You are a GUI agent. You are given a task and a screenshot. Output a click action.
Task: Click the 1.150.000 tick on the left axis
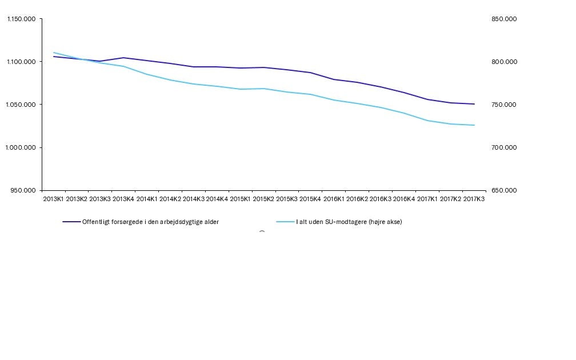pyautogui.click(x=21, y=19)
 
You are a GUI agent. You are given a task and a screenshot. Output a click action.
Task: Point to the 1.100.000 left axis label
pyautogui.click(x=21, y=62)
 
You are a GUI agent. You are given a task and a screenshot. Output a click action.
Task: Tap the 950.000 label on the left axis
pyautogui.click(x=24, y=190)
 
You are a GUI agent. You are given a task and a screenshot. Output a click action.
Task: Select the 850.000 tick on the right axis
pyautogui.click(x=504, y=19)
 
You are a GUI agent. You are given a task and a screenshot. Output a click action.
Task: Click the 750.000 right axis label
pyautogui.click(x=504, y=105)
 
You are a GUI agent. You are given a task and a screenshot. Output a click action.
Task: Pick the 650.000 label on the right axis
pyautogui.click(x=504, y=190)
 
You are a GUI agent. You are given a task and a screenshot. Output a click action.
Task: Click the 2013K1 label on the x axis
pyautogui.click(x=54, y=199)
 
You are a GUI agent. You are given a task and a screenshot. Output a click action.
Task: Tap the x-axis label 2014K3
pyautogui.click(x=194, y=199)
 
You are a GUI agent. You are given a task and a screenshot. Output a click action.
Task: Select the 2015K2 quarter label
pyautogui.click(x=264, y=199)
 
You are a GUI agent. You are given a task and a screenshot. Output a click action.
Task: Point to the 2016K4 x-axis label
pyautogui.click(x=404, y=199)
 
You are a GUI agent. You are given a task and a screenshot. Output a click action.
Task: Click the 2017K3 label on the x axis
pyautogui.click(x=474, y=199)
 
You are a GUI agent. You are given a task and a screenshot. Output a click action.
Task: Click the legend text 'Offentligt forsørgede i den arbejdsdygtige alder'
pyautogui.click(x=150, y=222)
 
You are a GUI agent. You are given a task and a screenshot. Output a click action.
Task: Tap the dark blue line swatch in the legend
pyautogui.click(x=71, y=222)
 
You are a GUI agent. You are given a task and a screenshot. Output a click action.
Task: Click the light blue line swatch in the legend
pyautogui.click(x=285, y=222)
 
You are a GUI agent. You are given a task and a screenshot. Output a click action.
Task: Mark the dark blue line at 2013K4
pyautogui.click(x=123, y=58)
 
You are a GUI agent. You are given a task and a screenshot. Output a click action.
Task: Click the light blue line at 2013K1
pyautogui.click(x=54, y=53)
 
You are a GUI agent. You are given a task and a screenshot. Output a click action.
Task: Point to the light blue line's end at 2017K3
pyautogui.click(x=474, y=125)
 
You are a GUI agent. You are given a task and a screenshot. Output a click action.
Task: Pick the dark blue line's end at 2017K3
pyautogui.click(x=474, y=104)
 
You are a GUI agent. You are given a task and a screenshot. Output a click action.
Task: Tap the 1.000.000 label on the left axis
pyautogui.click(x=21, y=147)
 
